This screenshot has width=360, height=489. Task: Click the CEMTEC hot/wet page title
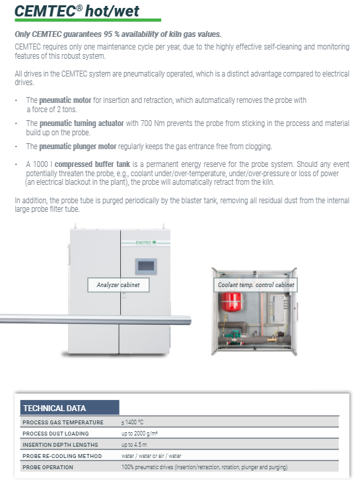pos(77,11)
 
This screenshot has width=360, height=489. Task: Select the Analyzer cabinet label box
pos(118,284)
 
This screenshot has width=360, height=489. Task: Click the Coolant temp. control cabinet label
pos(256,284)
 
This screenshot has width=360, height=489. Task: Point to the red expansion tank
pos(231,302)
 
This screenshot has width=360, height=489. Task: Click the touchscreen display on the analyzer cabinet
pos(146,267)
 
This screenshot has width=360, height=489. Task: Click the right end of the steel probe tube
pos(190,320)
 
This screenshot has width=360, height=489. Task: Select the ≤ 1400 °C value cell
pos(132,422)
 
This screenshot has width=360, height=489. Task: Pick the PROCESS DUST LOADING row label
pos(55,434)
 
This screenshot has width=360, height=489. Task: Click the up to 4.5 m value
pos(134,444)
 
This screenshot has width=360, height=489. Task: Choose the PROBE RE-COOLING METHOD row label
pos(62,456)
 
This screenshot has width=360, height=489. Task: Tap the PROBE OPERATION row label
pos(48,467)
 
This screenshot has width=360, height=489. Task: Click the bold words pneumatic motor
pos(65,100)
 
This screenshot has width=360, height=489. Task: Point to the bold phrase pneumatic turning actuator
pos(82,123)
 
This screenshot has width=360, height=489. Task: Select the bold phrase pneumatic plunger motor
pos(78,147)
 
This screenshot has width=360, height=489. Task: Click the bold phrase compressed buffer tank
pos(92,164)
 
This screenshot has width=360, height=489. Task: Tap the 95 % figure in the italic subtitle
pos(112,34)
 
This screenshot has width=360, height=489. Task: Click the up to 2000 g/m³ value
pos(139,433)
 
